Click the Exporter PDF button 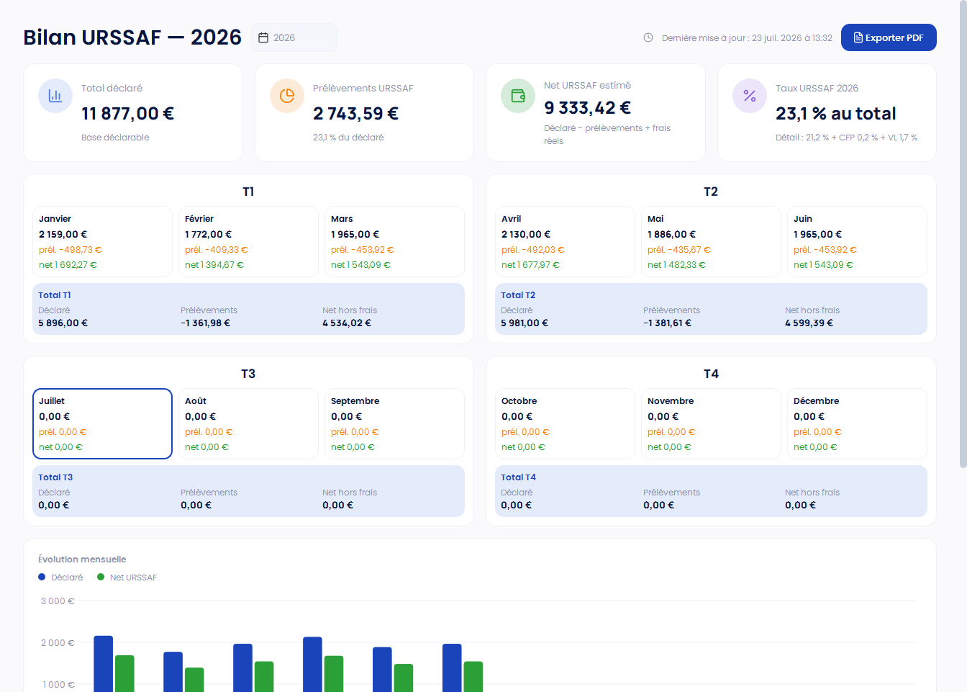click(889, 37)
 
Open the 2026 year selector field click(294, 37)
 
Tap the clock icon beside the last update click(648, 37)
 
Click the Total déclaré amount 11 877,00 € click(128, 114)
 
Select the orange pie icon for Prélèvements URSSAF click(286, 96)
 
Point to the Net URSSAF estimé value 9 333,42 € click(587, 107)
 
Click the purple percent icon click(750, 96)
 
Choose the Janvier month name click(55, 219)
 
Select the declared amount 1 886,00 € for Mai click(671, 234)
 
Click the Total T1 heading click(55, 295)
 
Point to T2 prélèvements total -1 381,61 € click(667, 323)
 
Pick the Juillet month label click(52, 401)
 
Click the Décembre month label click(816, 401)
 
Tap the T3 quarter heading click(248, 374)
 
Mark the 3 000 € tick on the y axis click(58, 601)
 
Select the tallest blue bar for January click(103, 663)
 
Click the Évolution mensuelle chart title click(82, 559)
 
